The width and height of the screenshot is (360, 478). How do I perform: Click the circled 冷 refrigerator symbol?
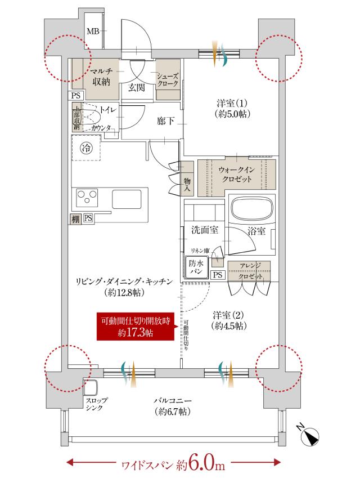click(x=86, y=149)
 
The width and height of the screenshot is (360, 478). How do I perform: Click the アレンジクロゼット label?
click(x=248, y=272)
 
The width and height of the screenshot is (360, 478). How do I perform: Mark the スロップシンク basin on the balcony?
click(x=90, y=388)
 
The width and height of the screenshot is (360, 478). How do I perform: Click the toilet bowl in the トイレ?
click(x=92, y=117)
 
